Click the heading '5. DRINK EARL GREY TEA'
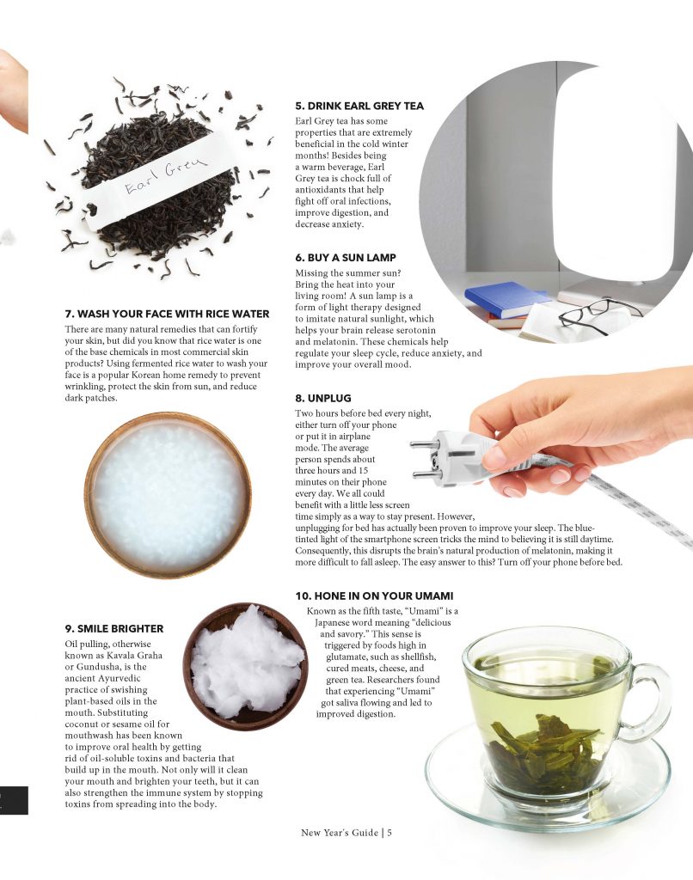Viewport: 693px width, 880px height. pos(359,106)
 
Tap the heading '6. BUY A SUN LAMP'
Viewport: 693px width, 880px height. pos(346,258)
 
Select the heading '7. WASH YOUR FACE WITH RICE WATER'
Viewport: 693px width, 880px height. pos(167,314)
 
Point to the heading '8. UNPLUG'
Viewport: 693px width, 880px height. pos(323,398)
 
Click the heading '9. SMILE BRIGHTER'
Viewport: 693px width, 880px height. pos(114,628)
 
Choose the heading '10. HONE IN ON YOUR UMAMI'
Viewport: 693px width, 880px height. pos(374,596)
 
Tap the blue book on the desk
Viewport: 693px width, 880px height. pos(506,299)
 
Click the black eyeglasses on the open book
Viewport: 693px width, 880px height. pos(598,315)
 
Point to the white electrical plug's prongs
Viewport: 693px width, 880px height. pos(425,461)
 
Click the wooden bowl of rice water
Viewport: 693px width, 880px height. pos(168,495)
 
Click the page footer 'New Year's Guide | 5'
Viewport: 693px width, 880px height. pos(346,833)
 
